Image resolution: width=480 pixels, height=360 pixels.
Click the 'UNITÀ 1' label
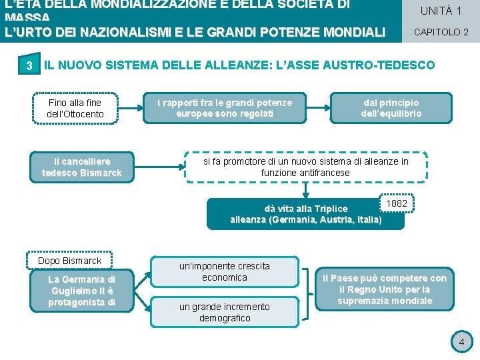click(441, 11)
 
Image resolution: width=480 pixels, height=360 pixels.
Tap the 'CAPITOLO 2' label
click(441, 32)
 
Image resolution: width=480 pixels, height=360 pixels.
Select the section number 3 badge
click(29, 65)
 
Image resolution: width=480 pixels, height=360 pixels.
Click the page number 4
click(461, 343)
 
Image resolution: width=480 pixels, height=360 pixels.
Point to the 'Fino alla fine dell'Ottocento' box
click(75, 108)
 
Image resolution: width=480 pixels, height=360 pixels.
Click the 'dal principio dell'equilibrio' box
click(391, 108)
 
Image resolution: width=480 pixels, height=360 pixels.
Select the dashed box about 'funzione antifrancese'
click(305, 167)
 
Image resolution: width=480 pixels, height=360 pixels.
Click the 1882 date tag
click(397, 203)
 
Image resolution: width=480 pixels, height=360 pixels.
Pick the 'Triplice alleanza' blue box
click(305, 214)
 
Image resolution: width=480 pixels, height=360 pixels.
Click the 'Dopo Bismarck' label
click(70, 260)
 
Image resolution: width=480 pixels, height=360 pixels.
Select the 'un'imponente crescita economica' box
click(225, 271)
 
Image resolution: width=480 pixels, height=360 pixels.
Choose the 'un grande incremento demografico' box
click(225, 312)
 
